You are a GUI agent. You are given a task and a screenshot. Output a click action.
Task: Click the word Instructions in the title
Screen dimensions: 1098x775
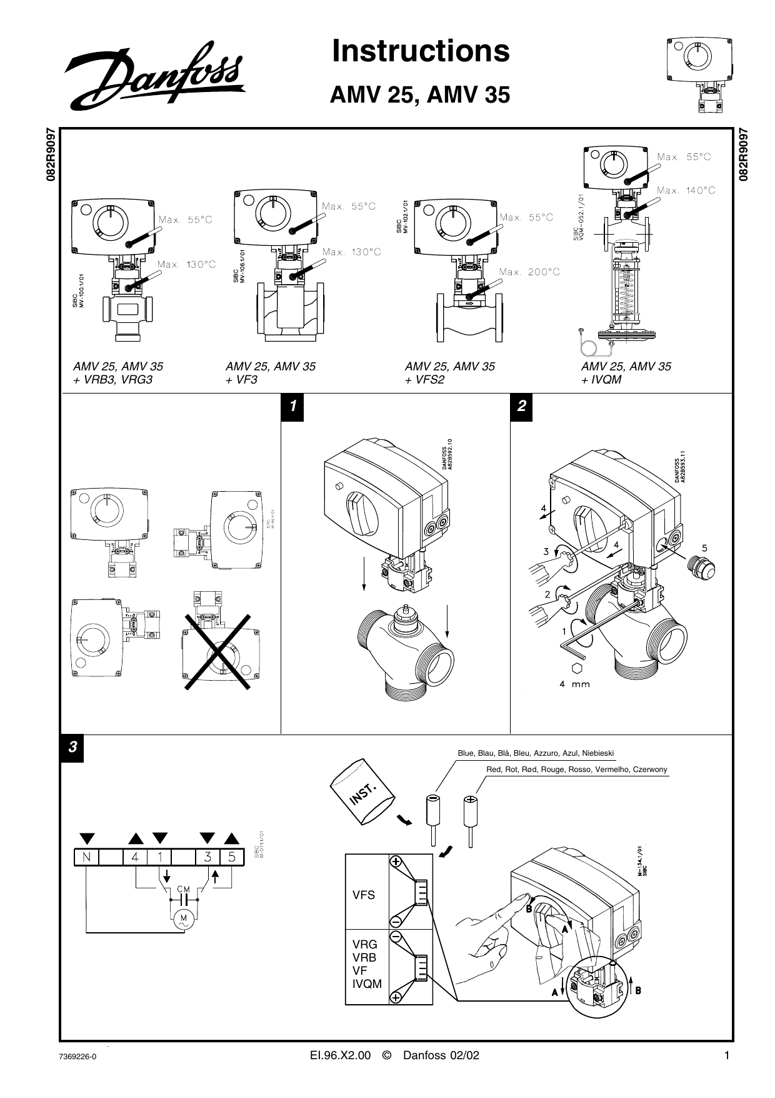click(421, 51)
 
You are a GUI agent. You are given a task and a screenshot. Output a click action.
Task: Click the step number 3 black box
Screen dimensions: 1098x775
click(72, 747)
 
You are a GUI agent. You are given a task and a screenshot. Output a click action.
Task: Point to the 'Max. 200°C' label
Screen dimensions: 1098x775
click(529, 272)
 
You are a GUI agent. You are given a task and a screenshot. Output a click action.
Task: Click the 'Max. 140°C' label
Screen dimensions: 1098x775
click(686, 190)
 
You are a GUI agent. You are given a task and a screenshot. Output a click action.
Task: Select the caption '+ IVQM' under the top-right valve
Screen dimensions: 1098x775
click(601, 380)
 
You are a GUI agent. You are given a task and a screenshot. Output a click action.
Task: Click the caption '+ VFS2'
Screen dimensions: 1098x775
click(424, 380)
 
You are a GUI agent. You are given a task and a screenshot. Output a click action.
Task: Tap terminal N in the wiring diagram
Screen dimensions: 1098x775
click(86, 857)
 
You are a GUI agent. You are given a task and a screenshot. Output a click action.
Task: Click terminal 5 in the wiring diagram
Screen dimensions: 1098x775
click(231, 857)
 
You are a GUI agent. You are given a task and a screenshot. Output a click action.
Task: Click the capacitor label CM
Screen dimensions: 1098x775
click(184, 889)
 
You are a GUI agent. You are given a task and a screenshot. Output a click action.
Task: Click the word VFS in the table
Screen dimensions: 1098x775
click(364, 895)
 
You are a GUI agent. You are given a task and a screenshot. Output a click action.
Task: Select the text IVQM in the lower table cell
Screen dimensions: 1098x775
click(367, 984)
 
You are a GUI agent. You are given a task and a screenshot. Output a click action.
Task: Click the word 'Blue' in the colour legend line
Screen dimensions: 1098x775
click(466, 753)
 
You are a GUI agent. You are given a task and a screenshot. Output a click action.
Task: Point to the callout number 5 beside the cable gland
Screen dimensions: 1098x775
click(704, 548)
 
